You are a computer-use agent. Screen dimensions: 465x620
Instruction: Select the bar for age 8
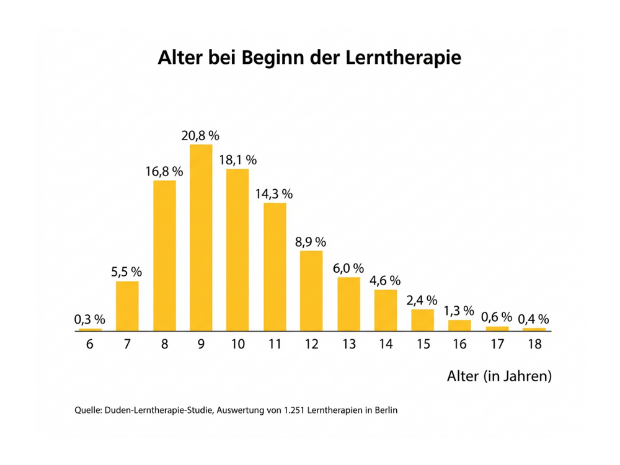pyautogui.click(x=164, y=255)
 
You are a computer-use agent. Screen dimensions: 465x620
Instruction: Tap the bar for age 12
pyautogui.click(x=312, y=291)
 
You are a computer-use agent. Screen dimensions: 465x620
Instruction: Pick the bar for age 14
pyautogui.click(x=386, y=310)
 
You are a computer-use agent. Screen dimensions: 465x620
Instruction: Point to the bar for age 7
pyautogui.click(x=127, y=306)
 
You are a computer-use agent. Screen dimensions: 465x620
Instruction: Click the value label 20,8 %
pyautogui.click(x=201, y=135)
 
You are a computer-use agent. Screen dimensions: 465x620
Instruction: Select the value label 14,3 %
pyautogui.click(x=274, y=193)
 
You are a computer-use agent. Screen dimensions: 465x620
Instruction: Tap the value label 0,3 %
pyautogui.click(x=90, y=320)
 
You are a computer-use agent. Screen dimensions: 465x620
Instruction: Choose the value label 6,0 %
pyautogui.click(x=348, y=268)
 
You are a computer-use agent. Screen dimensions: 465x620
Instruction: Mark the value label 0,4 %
pyautogui.click(x=534, y=319)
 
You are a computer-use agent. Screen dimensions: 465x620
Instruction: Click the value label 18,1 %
pyautogui.click(x=238, y=160)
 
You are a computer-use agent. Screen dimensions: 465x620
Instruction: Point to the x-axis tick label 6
pyautogui.click(x=90, y=344)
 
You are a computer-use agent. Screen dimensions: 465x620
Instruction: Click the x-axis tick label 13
pyautogui.click(x=348, y=344)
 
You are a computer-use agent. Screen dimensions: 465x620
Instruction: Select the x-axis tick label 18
pyautogui.click(x=534, y=344)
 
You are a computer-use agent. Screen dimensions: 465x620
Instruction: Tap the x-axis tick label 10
pyautogui.click(x=238, y=344)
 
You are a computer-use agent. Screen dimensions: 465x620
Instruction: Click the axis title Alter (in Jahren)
pyautogui.click(x=499, y=376)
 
